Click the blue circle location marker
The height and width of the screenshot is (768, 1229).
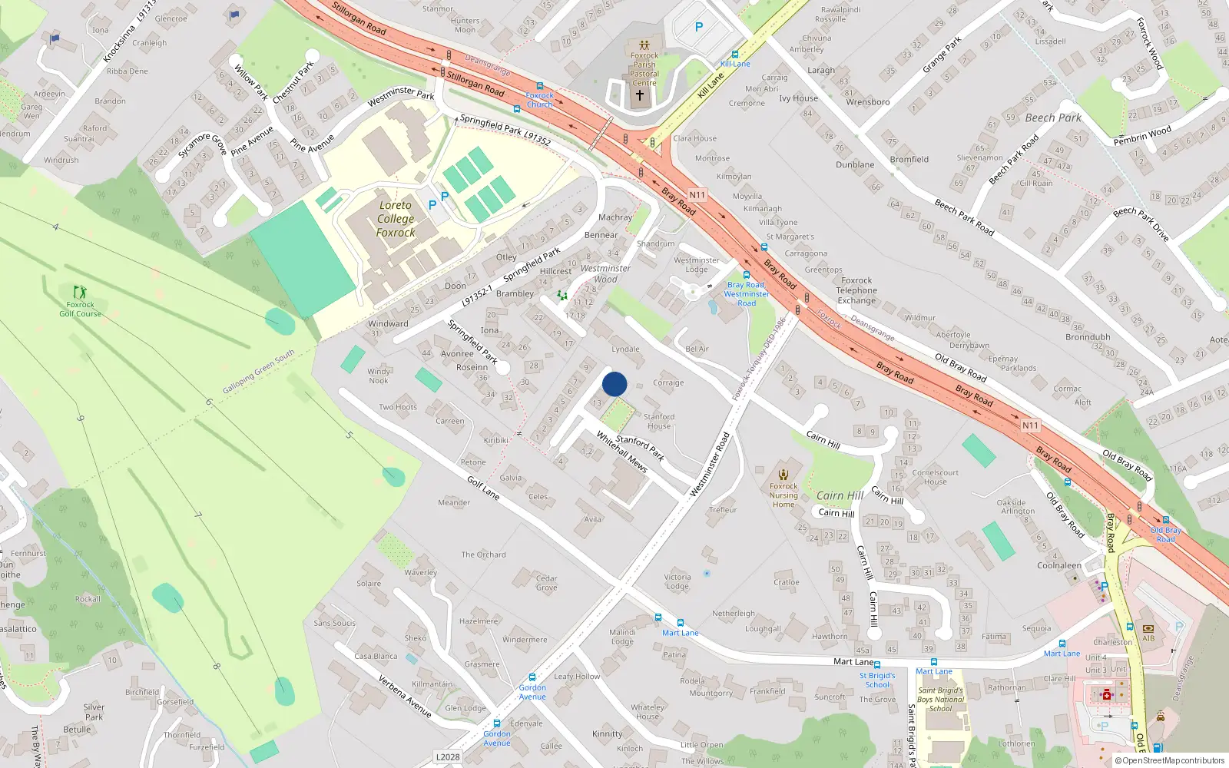point(614,384)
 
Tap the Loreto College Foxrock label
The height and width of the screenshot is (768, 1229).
point(396,219)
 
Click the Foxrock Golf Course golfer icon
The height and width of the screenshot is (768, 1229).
point(80,292)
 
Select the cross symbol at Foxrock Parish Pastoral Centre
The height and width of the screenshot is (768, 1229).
point(639,95)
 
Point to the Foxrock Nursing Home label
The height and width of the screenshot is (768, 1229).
point(783,495)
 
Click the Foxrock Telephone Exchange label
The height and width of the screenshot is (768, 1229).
point(856,290)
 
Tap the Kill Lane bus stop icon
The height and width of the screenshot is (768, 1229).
point(735,55)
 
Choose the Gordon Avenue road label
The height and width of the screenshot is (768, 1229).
point(532,692)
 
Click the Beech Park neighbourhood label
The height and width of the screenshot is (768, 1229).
point(1053,118)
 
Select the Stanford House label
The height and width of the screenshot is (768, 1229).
point(659,422)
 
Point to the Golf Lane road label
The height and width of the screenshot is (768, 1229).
point(483,488)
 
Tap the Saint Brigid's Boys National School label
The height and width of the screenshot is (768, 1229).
point(940,699)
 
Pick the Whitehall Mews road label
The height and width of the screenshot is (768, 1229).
point(622,451)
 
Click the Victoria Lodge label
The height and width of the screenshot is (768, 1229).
point(677,581)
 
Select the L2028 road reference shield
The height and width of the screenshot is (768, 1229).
point(448,756)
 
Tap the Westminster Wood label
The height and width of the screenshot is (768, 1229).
point(605,273)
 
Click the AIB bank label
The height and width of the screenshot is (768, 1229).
point(1148,638)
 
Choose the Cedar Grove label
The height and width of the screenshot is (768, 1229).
point(547,583)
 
